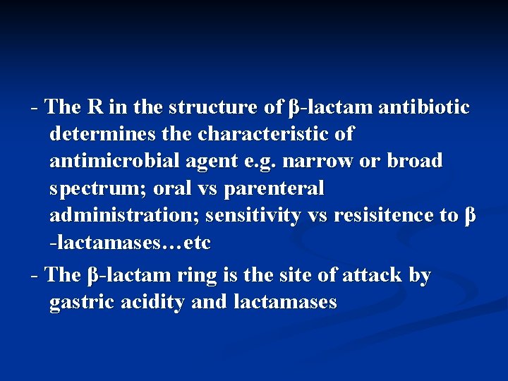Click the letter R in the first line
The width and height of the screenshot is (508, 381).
(95, 107)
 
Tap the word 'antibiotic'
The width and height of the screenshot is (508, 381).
(424, 107)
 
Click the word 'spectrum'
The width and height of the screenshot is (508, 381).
(95, 189)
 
